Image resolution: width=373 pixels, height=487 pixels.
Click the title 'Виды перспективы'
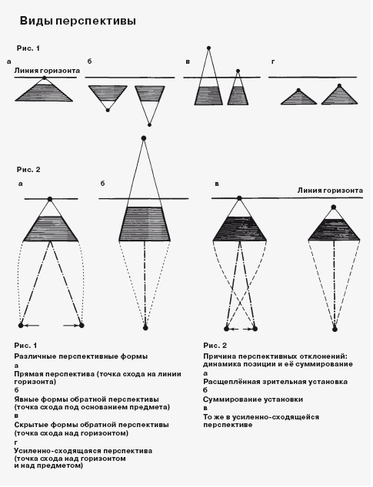tap(78, 21)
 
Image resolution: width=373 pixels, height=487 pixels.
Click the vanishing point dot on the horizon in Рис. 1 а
tap(44, 78)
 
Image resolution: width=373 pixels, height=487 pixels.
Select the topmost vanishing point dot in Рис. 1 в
tap(208, 48)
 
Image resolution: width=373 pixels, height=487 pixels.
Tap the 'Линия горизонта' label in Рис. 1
tap(47, 71)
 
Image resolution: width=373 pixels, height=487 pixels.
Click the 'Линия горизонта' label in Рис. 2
tap(330, 190)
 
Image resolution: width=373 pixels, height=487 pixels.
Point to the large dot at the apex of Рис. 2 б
tap(143, 138)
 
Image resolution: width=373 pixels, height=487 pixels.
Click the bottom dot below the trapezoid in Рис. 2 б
tap(145, 328)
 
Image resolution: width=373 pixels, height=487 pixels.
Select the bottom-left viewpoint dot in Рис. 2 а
tap(21, 325)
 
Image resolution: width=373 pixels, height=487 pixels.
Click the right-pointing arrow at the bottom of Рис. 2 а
tap(71, 325)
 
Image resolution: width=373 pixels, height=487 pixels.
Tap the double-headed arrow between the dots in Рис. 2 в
tap(241, 329)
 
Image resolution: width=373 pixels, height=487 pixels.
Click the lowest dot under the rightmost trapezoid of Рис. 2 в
tap(335, 329)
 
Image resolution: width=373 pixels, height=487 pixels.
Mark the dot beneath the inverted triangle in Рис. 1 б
tap(108, 111)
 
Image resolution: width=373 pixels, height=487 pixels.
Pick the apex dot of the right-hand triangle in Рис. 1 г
tap(339, 85)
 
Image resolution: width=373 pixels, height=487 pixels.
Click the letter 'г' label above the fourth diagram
tap(273, 61)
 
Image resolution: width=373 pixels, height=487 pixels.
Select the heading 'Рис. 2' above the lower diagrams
tap(28, 170)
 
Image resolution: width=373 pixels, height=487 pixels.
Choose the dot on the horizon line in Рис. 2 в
tap(239, 198)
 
